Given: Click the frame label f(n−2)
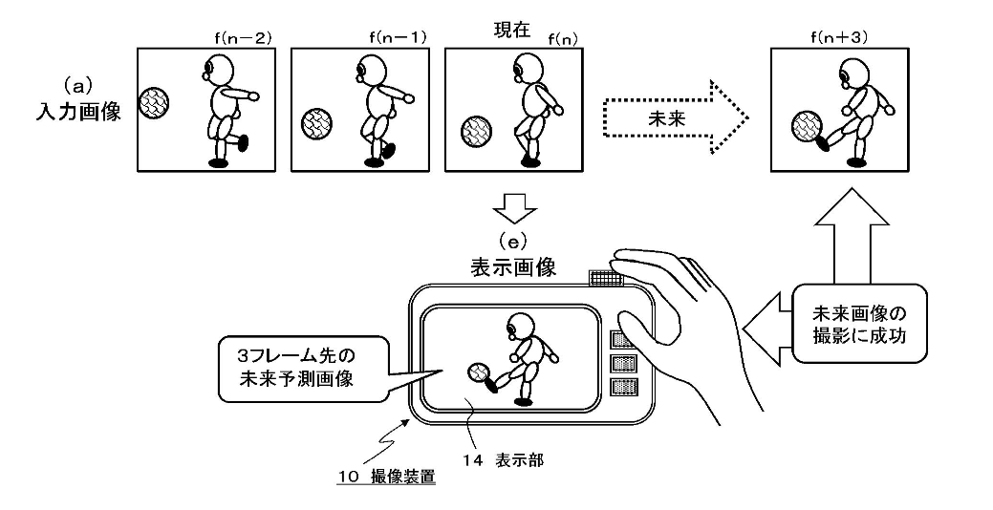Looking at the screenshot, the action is pos(243,38).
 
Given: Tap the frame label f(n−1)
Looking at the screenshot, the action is pos(398,38).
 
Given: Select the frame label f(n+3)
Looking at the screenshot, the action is pos(839,38).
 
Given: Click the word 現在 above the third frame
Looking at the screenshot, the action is pos(511,31).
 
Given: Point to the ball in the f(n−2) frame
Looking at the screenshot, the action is pos(154,102).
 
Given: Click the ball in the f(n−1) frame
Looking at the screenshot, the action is pos(317,123).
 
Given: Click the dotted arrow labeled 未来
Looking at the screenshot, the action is pos(675,117).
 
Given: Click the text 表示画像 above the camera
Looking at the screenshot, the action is pos(513,267).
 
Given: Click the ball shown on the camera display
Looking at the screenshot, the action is pos(477,372).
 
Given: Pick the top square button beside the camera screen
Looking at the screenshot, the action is pos(622,340).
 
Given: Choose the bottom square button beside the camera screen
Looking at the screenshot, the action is pos(622,387).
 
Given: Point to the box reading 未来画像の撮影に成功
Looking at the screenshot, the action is pos(859,324).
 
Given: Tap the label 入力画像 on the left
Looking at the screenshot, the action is pos(77,112).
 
